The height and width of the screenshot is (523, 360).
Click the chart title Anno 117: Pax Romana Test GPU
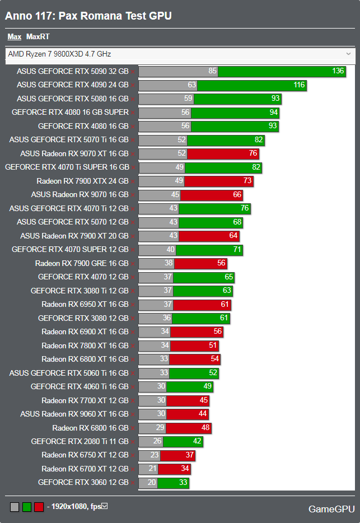pyautogui.click(x=88, y=16)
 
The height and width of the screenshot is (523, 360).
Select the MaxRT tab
pyautogui.click(x=38, y=37)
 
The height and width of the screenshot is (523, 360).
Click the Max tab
pyautogui.click(x=14, y=37)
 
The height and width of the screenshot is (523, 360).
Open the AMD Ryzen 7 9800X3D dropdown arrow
pyautogui.click(x=349, y=54)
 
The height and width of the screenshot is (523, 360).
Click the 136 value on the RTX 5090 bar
pyautogui.click(x=338, y=71)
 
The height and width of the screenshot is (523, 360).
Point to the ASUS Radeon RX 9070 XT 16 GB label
pyautogui.click(x=74, y=153)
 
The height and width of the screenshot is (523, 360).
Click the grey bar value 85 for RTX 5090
pyautogui.click(x=212, y=71)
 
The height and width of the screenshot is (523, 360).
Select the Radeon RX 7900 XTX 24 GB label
pyautogui.click(x=83, y=181)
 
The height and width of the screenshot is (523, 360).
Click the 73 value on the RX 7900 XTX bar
pyautogui.click(x=247, y=181)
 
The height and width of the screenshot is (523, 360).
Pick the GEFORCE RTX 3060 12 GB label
pyautogui.click(x=83, y=482)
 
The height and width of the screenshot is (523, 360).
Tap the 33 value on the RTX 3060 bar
pyautogui.click(x=183, y=482)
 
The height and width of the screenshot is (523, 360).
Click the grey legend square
pyautogui.click(x=15, y=507)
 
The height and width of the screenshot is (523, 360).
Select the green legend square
pyautogui.click(x=27, y=507)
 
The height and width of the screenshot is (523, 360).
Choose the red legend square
pyautogui.click(x=39, y=507)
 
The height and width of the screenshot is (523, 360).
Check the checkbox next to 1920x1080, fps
pyautogui.click(x=104, y=506)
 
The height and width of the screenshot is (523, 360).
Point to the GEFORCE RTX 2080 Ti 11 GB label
pyautogui.click(x=80, y=441)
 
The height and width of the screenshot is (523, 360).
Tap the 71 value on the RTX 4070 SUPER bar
pyautogui.click(x=236, y=249)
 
